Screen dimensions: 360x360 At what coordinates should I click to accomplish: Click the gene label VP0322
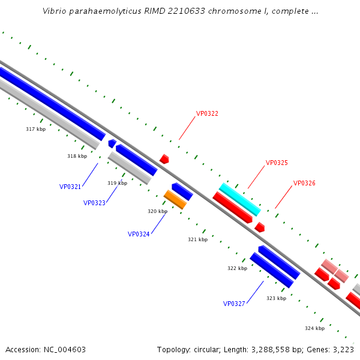[x=207, y=113]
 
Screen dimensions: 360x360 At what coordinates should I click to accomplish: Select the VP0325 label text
[x=277, y=163]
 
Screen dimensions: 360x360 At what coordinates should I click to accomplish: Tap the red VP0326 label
[x=304, y=183]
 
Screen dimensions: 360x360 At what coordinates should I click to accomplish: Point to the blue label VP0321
[x=70, y=187]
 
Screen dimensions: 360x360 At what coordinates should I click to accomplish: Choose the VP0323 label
[x=94, y=203]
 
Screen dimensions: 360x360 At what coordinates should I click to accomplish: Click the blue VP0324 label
[x=139, y=234]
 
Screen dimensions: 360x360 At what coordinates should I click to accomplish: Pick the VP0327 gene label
[x=234, y=304]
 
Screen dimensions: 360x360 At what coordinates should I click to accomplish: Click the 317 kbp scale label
[x=35, y=129]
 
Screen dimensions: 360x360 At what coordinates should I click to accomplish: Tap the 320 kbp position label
[x=157, y=211]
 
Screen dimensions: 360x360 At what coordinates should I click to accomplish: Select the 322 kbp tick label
[x=237, y=268]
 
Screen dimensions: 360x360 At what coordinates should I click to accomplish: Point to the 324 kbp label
[x=314, y=328]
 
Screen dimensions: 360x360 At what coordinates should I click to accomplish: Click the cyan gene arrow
[x=239, y=199]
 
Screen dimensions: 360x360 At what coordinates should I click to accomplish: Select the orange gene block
[x=175, y=199]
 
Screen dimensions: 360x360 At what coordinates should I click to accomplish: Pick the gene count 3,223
[x=343, y=349]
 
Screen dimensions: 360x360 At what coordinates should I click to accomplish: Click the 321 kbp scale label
[x=197, y=239]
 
